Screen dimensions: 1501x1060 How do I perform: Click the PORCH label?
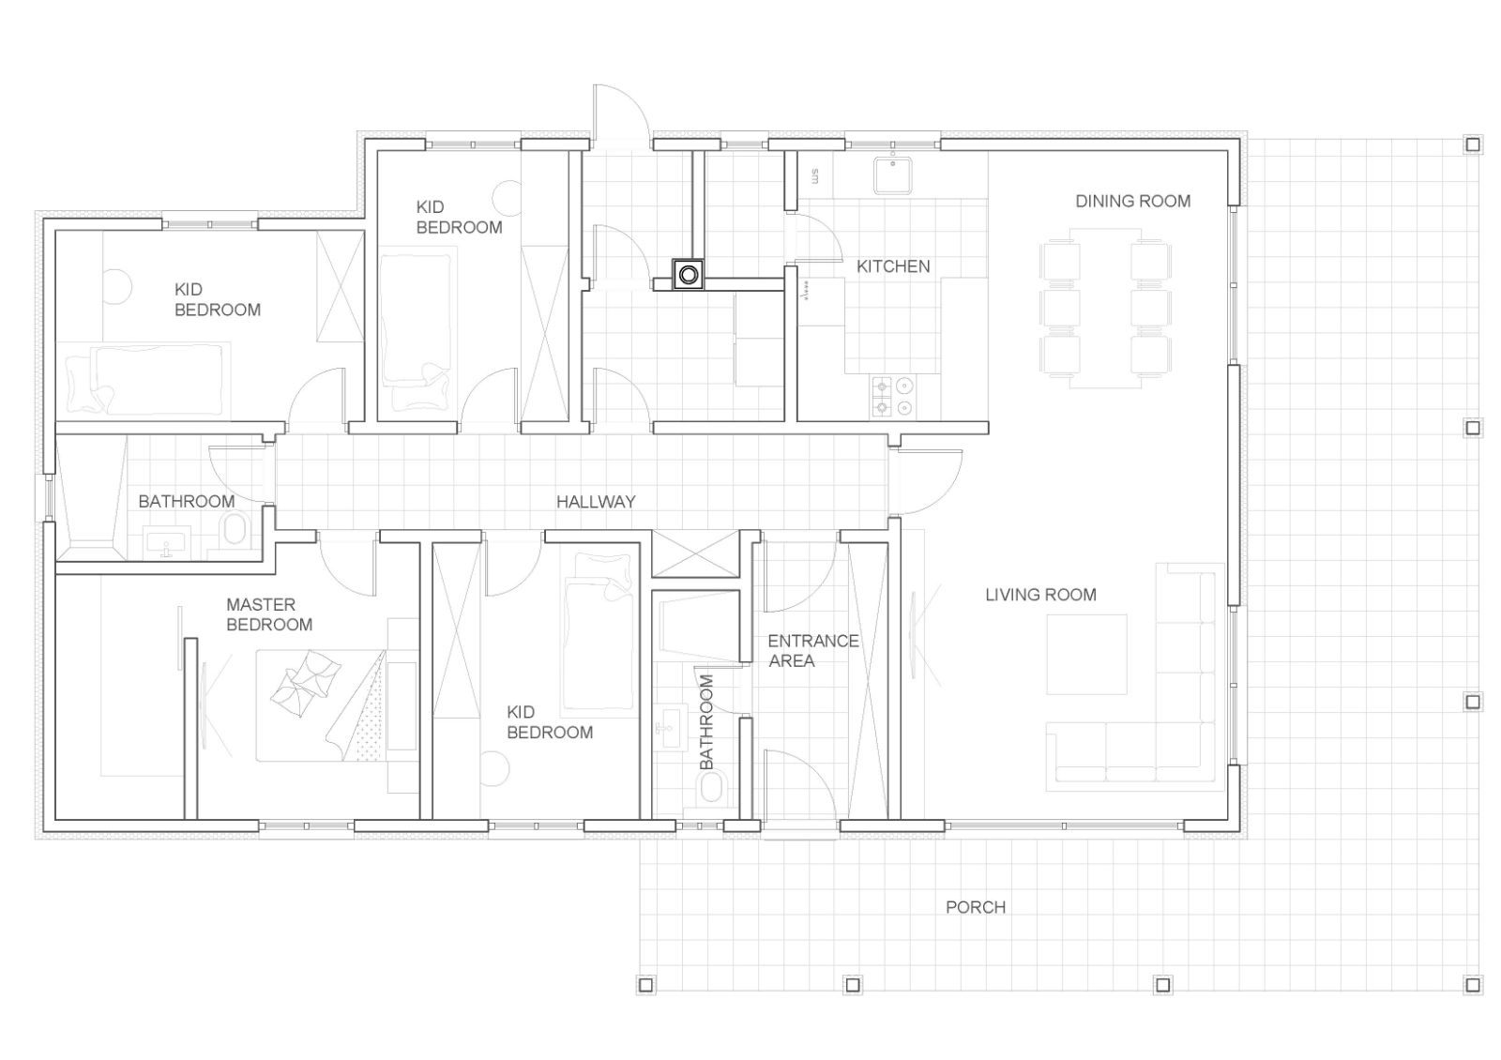tap(975, 907)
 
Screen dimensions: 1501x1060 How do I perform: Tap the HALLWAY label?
tap(596, 501)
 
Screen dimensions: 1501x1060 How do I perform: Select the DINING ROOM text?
tap(1132, 201)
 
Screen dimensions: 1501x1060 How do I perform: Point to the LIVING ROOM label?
tap(1040, 595)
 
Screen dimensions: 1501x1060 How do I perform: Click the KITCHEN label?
tap(893, 266)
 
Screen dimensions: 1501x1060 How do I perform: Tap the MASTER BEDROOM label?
tap(269, 614)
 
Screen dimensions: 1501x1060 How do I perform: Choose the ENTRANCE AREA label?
tap(812, 651)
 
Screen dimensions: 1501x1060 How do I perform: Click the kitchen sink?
tap(892, 174)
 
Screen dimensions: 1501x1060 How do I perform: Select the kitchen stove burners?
tap(892, 397)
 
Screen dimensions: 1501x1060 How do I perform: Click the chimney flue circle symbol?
tap(689, 274)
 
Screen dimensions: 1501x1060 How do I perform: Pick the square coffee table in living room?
tap(1087, 654)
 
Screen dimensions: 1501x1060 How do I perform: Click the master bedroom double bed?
tap(322, 704)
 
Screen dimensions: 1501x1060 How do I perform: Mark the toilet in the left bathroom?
tap(235, 529)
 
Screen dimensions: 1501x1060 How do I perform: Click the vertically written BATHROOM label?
tap(706, 721)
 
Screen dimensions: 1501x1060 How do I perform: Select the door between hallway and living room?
tap(929, 481)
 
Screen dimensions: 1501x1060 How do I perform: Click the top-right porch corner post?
tap(1473, 144)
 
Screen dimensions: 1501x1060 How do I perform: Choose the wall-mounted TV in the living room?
tap(913, 635)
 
